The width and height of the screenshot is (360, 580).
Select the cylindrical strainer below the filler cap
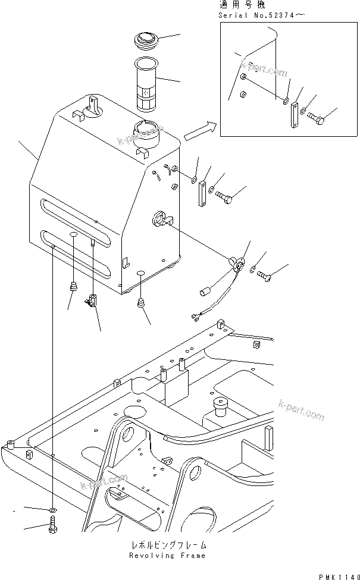[146, 83]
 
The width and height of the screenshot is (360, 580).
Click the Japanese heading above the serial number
[241, 5]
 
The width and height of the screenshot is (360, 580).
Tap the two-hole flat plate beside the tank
[202, 193]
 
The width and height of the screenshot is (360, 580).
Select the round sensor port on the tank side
[161, 218]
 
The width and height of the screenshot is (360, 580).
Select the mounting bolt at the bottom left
[53, 526]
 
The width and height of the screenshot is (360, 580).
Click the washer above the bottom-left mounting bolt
[53, 510]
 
